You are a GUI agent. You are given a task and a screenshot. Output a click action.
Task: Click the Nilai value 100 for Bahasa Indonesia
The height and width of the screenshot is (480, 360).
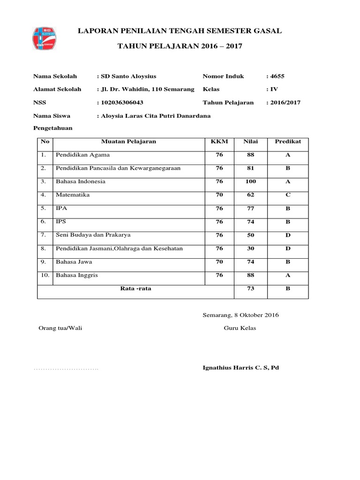point(250,181)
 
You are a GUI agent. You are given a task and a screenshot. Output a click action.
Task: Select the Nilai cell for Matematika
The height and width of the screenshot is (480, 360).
point(250,194)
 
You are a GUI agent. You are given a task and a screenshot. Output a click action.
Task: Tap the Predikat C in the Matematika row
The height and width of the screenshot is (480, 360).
point(288,194)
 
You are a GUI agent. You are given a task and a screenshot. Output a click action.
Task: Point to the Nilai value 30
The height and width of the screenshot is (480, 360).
point(250,248)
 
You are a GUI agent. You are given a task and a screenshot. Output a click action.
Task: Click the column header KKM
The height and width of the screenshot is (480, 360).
point(219,141)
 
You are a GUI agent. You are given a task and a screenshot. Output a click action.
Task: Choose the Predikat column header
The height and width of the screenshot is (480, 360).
point(288,141)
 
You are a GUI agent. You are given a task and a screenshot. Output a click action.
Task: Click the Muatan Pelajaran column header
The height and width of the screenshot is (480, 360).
point(129,141)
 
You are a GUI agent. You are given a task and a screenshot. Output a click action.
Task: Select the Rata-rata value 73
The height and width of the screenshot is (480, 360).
point(250,289)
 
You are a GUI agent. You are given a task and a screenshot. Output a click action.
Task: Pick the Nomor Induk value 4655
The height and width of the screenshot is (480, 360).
point(276,76)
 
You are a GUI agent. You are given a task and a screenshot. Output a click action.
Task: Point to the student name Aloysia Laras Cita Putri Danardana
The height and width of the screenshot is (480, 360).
point(155,115)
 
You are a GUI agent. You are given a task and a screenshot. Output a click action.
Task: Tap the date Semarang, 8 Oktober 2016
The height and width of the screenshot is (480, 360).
point(240,315)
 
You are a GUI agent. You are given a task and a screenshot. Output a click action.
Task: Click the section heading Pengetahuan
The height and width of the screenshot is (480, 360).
point(52,128)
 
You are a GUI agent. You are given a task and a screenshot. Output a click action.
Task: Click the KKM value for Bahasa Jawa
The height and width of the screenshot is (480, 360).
point(219,262)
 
